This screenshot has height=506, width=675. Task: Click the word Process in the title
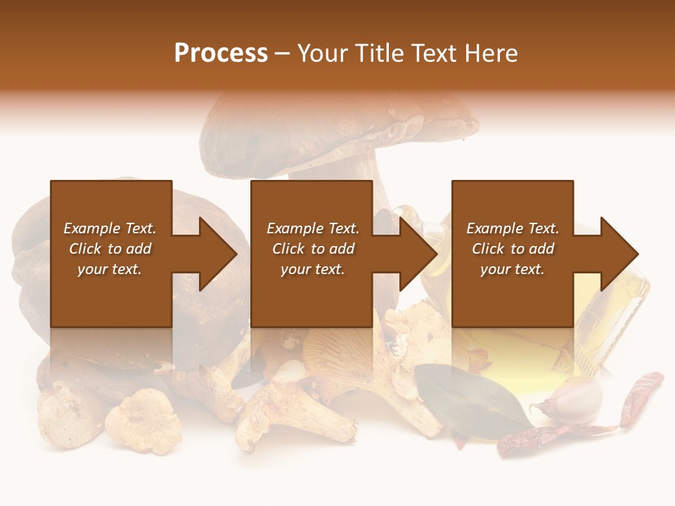tap(221, 53)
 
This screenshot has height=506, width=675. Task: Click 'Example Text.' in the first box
tap(110, 228)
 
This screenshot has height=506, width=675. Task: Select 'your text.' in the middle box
tap(312, 269)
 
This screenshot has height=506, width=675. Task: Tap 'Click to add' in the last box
tap(513, 249)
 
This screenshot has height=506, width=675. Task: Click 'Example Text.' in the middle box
tap(312, 228)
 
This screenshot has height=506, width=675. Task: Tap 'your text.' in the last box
tap(513, 269)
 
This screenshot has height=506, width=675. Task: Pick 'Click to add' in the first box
tap(110, 249)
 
